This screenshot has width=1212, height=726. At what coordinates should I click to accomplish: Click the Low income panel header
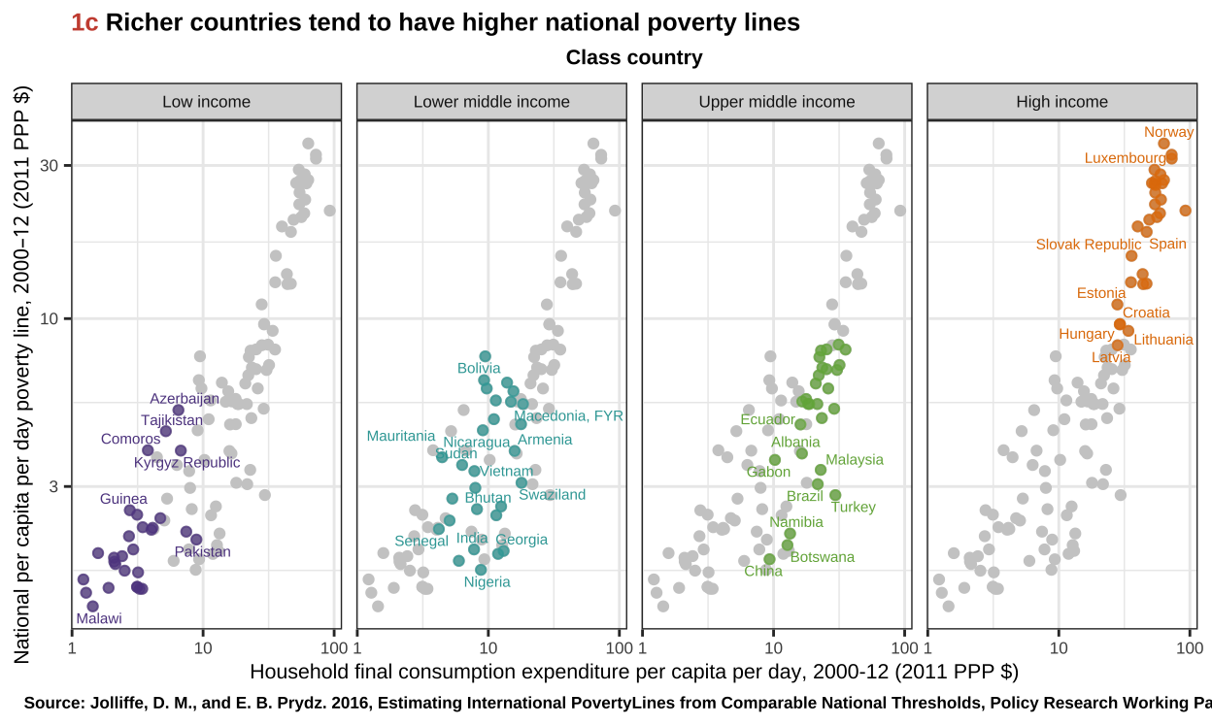[206, 102]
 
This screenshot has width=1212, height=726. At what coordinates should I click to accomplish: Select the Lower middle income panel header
[491, 102]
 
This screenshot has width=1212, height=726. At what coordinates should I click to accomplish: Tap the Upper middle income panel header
[777, 102]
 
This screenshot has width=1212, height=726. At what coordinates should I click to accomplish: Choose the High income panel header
[1061, 102]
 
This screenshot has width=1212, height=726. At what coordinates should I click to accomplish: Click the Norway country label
[1168, 133]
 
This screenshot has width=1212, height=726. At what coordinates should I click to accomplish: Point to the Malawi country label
[99, 618]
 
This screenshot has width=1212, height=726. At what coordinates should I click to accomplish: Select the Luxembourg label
[1125, 158]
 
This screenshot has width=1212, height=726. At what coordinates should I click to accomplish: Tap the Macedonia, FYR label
[568, 416]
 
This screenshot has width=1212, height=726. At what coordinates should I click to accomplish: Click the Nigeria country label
[487, 582]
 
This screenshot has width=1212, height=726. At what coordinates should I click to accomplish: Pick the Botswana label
[822, 557]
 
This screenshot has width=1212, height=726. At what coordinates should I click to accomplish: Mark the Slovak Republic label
[1089, 245]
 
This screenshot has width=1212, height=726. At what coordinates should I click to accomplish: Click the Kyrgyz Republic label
[186, 463]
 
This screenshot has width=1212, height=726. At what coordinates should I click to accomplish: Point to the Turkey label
[853, 508]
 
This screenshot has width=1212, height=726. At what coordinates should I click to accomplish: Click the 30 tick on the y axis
[50, 166]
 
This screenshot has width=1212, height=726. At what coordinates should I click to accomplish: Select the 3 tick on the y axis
[54, 486]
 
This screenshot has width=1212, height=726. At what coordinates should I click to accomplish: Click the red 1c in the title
[84, 23]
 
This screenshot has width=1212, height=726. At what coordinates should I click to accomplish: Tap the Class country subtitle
[634, 58]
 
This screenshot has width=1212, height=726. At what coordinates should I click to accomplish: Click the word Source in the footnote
[50, 703]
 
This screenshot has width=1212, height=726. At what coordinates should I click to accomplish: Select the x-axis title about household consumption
[633, 672]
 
